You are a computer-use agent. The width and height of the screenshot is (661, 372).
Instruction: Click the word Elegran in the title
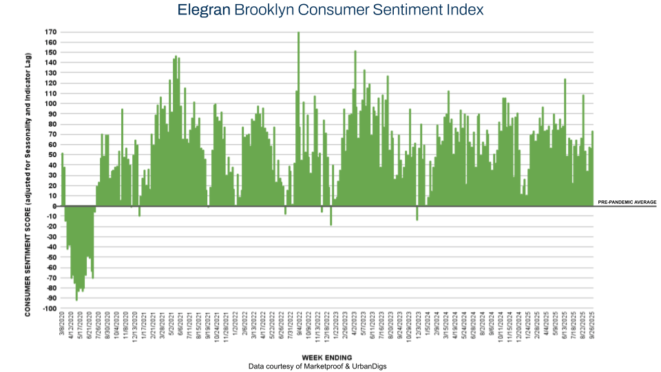click(202, 10)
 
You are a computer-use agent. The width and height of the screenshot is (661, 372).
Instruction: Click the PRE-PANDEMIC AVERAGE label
click(627, 202)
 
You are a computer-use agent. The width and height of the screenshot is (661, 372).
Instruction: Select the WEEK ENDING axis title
click(327, 358)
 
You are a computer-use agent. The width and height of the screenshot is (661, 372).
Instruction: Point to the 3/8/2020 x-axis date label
click(63, 327)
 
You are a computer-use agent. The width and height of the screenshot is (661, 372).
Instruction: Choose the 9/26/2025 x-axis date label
click(592, 327)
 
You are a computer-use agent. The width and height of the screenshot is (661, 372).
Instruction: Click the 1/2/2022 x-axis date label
click(235, 327)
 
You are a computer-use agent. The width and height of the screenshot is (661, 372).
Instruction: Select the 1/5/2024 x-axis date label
click(428, 327)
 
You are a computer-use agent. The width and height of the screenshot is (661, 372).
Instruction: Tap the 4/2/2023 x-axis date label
click(355, 327)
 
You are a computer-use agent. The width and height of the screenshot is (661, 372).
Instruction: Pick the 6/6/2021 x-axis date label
click(180, 327)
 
